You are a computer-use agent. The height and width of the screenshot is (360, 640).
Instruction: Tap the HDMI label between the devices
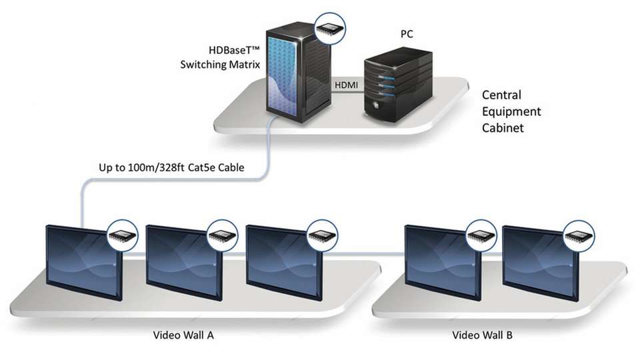tap(346, 86)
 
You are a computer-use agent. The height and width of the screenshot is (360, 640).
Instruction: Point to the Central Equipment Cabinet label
tap(511, 111)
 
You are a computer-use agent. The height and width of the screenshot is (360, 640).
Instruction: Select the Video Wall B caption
tap(483, 335)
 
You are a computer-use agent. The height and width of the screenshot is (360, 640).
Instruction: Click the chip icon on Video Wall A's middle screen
tap(222, 234)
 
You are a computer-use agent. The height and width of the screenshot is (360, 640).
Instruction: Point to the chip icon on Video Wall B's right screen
tap(578, 234)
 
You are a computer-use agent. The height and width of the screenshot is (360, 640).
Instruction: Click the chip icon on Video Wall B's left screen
tap(481, 234)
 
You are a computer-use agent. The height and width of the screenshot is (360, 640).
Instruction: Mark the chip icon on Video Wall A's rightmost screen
tap(323, 234)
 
